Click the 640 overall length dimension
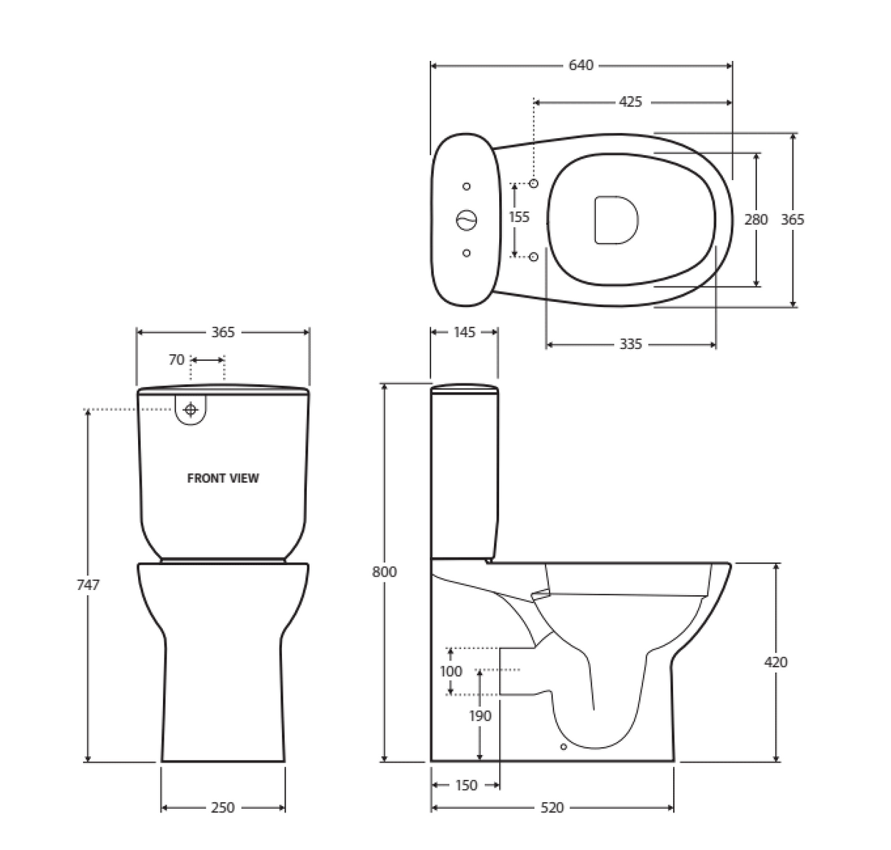581,65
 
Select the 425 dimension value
630,101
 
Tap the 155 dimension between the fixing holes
519,217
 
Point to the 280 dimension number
756,219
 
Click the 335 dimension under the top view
630,344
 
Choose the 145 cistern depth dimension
464,332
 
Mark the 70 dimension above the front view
177,360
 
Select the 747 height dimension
87,585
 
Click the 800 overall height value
384,572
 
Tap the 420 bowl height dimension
776,662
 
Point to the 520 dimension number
552,807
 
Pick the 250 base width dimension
222,807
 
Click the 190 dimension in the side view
480,716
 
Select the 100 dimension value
451,671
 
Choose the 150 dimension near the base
466,785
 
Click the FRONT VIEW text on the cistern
223,478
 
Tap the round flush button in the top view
467,219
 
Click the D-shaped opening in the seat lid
615,219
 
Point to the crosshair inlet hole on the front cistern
191,409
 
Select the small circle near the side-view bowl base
563,747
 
